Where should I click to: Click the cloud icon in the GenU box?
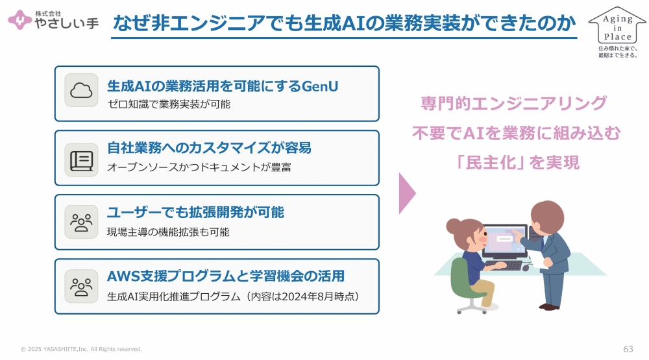tap(81, 90)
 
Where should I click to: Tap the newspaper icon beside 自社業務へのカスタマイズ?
tap(81, 161)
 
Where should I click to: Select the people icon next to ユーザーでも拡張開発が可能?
tap(81, 222)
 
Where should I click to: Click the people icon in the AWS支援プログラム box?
tap(81, 287)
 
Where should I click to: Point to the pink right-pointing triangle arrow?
tap(408, 193)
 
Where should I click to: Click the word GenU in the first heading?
tap(320, 86)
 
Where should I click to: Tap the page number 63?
tap(628, 349)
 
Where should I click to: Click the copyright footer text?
tap(81, 349)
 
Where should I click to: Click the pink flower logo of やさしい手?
tap(19, 19)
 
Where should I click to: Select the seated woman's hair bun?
tap(453, 226)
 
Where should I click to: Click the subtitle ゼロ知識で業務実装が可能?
tap(169, 104)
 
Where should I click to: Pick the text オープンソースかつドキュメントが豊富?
tap(199, 167)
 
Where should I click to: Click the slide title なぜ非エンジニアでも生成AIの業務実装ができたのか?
tap(345, 23)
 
